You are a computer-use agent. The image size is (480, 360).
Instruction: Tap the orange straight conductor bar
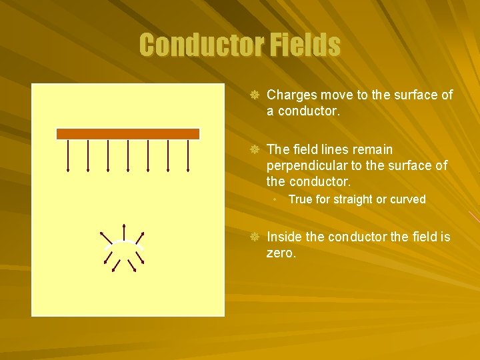point(128,133)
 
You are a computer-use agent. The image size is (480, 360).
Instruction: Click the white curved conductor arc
point(123,243)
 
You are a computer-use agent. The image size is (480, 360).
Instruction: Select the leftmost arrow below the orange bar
point(68,155)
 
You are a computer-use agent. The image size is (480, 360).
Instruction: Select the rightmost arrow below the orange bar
point(188,155)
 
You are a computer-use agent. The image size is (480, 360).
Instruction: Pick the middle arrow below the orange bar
point(128,155)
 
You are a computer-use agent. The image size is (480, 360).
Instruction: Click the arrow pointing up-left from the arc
point(105,237)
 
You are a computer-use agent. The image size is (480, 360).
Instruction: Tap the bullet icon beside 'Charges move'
point(254,95)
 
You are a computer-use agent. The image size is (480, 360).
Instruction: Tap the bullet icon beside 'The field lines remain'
point(254,149)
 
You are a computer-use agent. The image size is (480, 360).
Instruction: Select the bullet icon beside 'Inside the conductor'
point(254,237)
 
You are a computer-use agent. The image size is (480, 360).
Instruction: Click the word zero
point(280,253)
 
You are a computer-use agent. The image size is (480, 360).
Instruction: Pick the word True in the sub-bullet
point(300,199)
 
